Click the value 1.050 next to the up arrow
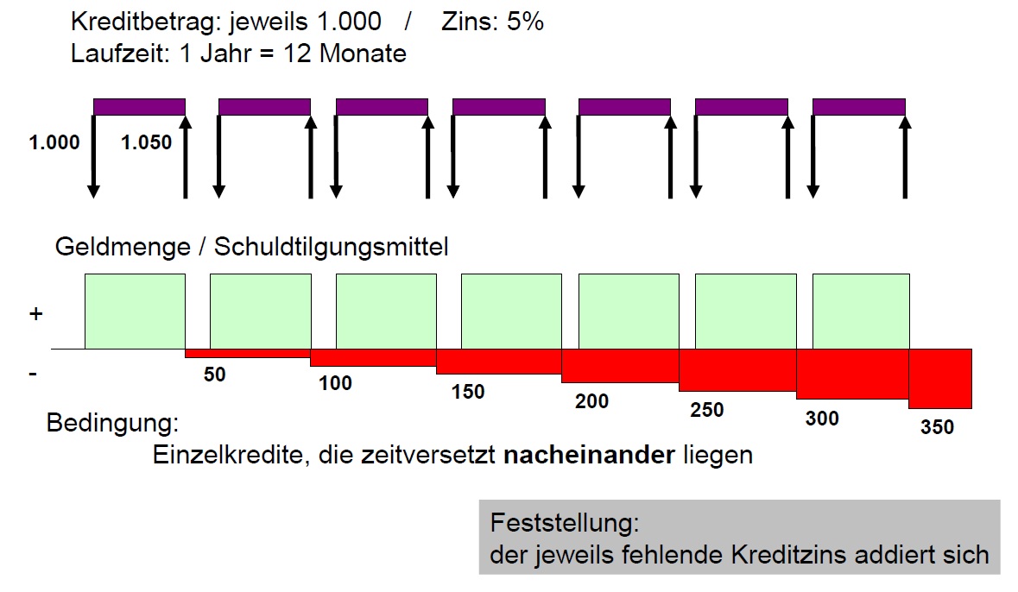tap(147, 143)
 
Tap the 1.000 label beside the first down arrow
tap(54, 143)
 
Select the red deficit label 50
tap(215, 375)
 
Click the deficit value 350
tap(937, 427)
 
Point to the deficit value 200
tap(591, 401)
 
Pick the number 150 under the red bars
tap(468, 392)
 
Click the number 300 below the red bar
tap(821, 419)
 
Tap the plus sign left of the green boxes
tap(35, 315)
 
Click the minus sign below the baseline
tap(33, 375)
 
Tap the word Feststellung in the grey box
tap(564, 524)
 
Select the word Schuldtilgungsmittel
tap(332, 248)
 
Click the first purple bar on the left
tap(139, 107)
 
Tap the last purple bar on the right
tap(859, 107)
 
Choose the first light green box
tap(135, 312)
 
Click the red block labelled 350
tap(940, 378)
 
